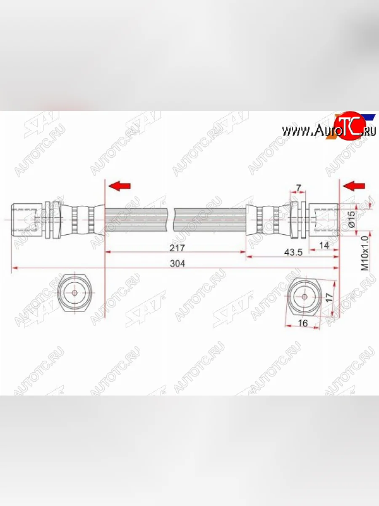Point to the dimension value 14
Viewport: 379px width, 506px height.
pyautogui.click(x=324, y=245)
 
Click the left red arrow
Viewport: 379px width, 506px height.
pyautogui.click(x=120, y=185)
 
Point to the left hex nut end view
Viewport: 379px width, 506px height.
pyautogui.click(x=75, y=293)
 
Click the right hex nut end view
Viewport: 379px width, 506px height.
pyautogui.click(x=304, y=296)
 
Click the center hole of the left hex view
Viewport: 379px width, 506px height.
pyautogui.click(x=75, y=293)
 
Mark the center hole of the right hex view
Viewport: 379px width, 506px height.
pyautogui.click(x=304, y=296)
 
